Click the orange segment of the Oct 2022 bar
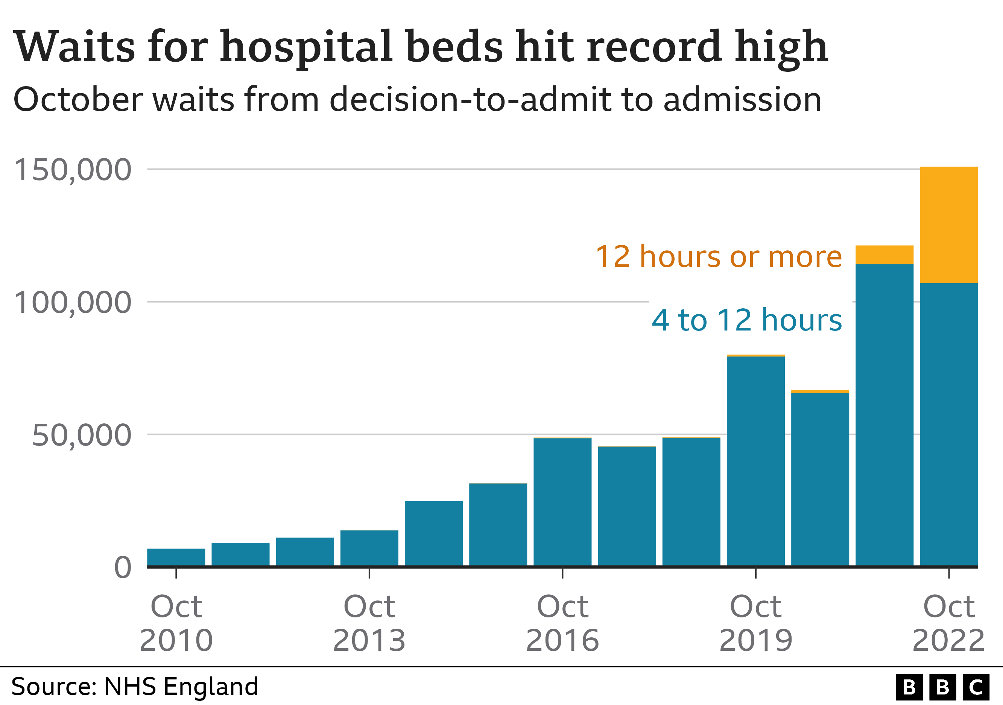point(948,225)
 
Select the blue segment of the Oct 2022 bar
point(948,423)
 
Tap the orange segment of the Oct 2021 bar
point(884,255)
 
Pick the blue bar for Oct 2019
point(755,461)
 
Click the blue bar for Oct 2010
point(176,557)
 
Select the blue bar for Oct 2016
point(562,502)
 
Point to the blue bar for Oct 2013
point(369,548)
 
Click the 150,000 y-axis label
point(73,170)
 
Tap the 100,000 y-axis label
point(73,303)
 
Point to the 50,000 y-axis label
point(81,435)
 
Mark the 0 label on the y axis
point(123,567)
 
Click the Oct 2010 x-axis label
point(176,623)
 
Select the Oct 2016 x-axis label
point(562,623)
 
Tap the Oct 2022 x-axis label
point(948,623)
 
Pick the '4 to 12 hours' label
point(746,320)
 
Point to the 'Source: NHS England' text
point(135,687)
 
